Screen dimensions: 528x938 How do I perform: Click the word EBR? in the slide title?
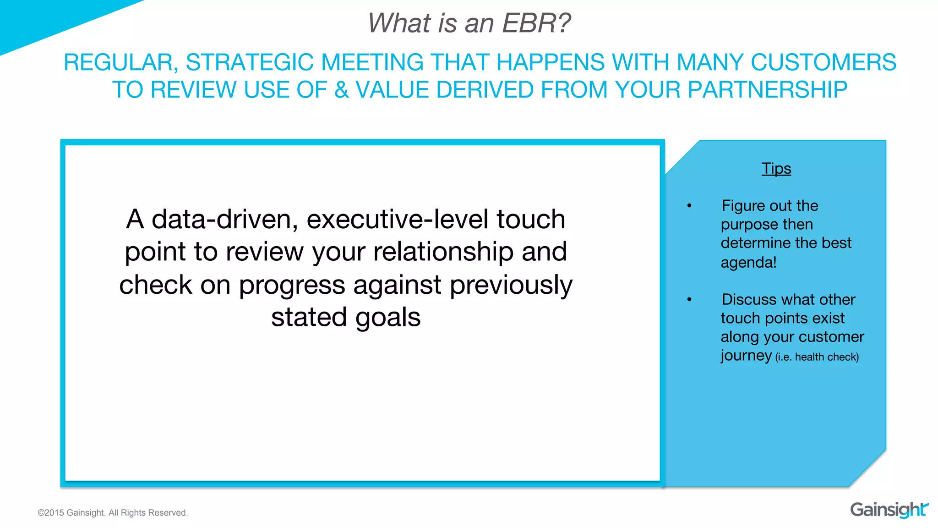[x=536, y=23]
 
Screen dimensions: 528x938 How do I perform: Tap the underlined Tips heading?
[x=776, y=169]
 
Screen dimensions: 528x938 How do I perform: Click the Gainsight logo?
[x=889, y=510]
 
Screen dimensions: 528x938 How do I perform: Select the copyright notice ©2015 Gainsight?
[x=113, y=513]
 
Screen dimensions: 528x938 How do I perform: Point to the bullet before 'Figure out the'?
[x=689, y=206]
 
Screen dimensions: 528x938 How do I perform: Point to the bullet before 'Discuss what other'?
[x=689, y=300]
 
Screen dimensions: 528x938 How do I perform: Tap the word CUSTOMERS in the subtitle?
[x=823, y=62]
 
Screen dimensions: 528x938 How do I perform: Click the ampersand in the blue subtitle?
[x=341, y=90]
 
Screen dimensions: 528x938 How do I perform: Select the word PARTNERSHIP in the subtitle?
[x=767, y=90]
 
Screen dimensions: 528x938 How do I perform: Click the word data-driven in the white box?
[x=224, y=220]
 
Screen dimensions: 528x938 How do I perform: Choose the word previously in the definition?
[x=511, y=285]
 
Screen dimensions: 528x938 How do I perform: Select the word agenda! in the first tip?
[x=748, y=263]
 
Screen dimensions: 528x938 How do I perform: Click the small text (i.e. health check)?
[x=817, y=357]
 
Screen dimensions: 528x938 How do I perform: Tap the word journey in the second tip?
[x=746, y=356]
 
